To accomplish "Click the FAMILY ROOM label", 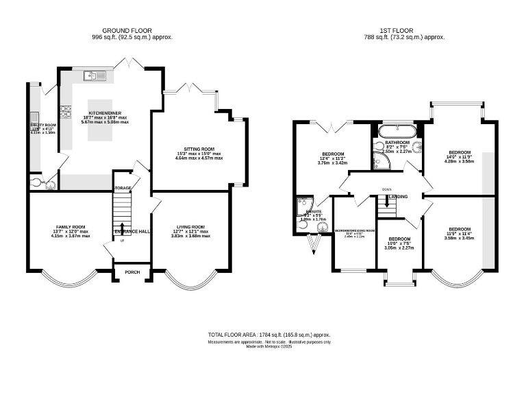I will (x=70, y=227).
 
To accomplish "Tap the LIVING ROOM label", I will (x=190, y=227).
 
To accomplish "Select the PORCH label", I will (x=132, y=272).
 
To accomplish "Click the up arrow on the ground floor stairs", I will (x=123, y=229).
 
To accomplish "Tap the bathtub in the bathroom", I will (x=397, y=130).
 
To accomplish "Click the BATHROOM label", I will (x=397, y=142).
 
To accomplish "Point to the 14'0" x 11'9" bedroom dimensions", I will (x=459, y=157).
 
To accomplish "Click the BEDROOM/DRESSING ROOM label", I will (x=355, y=231).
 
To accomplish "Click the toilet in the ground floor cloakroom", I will (x=36, y=183).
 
